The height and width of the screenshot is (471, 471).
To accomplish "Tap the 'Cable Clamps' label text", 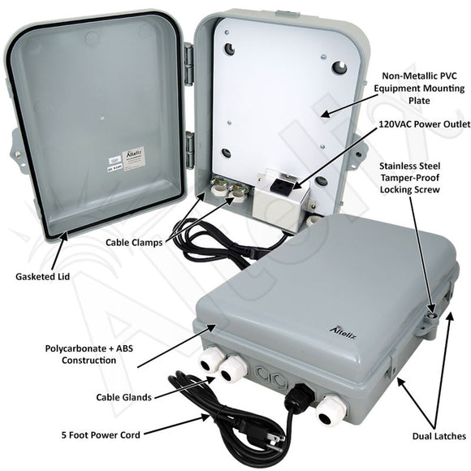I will click(x=135, y=242).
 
